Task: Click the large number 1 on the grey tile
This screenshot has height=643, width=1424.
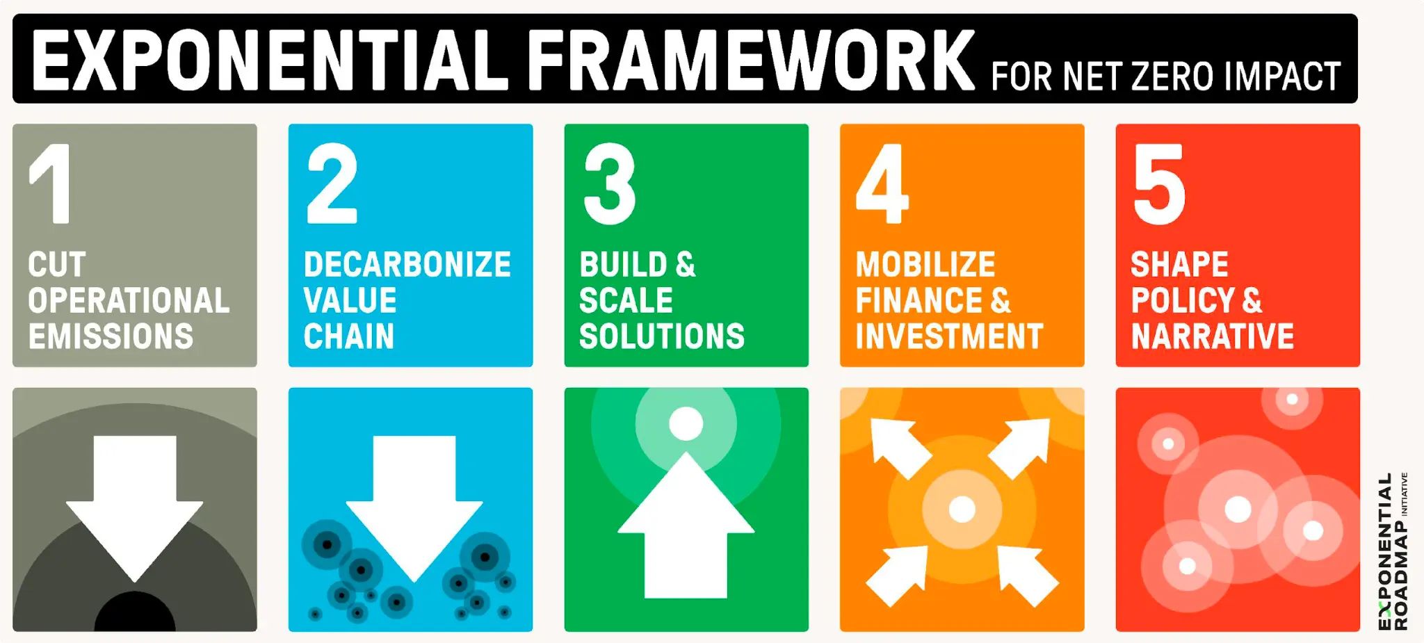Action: pyautogui.click(x=52, y=184)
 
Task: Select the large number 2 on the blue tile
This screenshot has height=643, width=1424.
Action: pyautogui.click(x=332, y=184)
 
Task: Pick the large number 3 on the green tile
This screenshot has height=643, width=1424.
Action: pyautogui.click(x=610, y=184)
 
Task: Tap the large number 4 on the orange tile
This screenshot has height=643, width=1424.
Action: pyautogui.click(x=882, y=184)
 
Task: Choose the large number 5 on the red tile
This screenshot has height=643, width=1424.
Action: pyautogui.click(x=1159, y=184)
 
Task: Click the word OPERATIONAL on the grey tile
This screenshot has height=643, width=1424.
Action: pyautogui.click(x=129, y=300)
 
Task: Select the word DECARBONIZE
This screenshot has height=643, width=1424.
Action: pyautogui.click(x=407, y=265)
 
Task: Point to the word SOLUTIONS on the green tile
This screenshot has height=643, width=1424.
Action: pyautogui.click(x=662, y=336)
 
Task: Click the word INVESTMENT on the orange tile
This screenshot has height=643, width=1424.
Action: pyautogui.click(x=949, y=336)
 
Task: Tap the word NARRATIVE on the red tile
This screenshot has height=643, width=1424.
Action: pyautogui.click(x=1213, y=336)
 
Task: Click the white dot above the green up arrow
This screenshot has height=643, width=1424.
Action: pyautogui.click(x=686, y=423)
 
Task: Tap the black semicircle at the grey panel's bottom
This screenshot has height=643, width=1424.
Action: pyautogui.click(x=135, y=615)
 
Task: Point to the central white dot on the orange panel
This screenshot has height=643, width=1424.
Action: pyautogui.click(x=962, y=510)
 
